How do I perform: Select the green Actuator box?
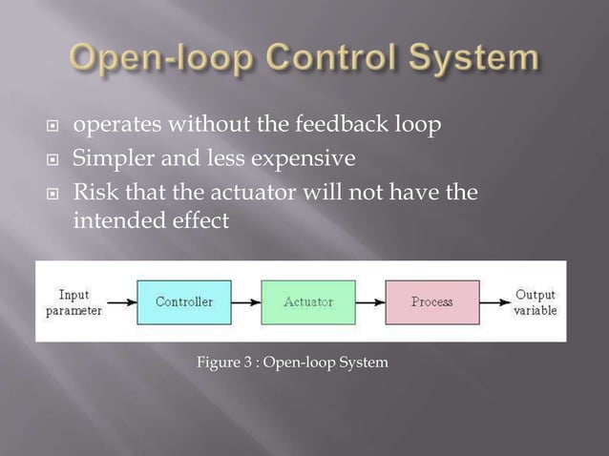click(307, 302)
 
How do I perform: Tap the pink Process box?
click(431, 302)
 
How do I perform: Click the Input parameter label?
click(74, 301)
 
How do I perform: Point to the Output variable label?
click(535, 302)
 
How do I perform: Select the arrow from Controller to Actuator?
click(248, 302)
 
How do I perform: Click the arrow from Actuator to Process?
click(369, 302)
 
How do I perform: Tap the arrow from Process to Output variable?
click(494, 302)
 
